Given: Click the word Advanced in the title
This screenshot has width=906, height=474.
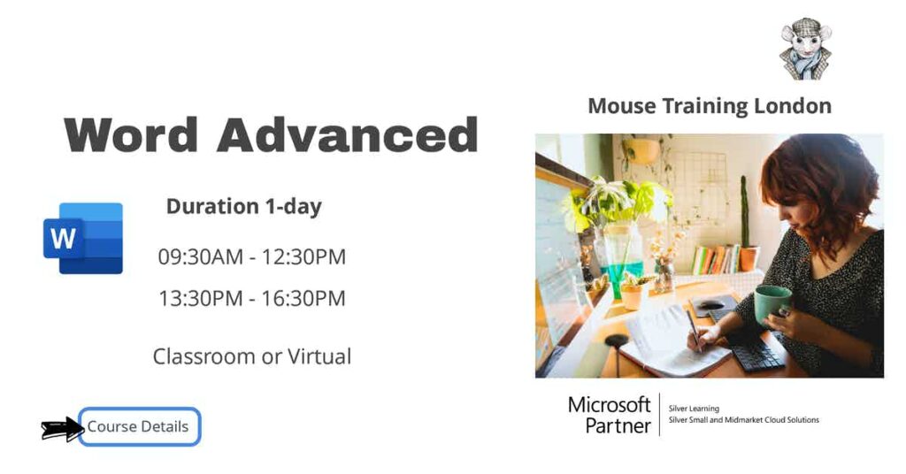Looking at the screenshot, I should (x=348, y=135).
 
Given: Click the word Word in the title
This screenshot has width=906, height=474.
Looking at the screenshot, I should (x=131, y=135).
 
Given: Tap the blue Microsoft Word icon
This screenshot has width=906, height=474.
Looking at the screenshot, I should (x=83, y=238).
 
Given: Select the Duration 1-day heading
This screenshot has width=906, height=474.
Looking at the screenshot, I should (x=244, y=207).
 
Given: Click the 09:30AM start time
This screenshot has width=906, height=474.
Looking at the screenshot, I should (x=200, y=257).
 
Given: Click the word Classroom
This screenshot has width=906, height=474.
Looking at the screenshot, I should (x=203, y=356).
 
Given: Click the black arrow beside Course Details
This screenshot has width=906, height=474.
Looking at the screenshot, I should (x=62, y=429).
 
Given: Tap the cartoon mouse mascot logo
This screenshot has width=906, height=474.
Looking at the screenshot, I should (x=805, y=49).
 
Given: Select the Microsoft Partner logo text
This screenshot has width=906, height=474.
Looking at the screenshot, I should (x=610, y=415).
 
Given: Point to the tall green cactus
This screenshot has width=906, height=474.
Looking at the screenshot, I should (x=744, y=212).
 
